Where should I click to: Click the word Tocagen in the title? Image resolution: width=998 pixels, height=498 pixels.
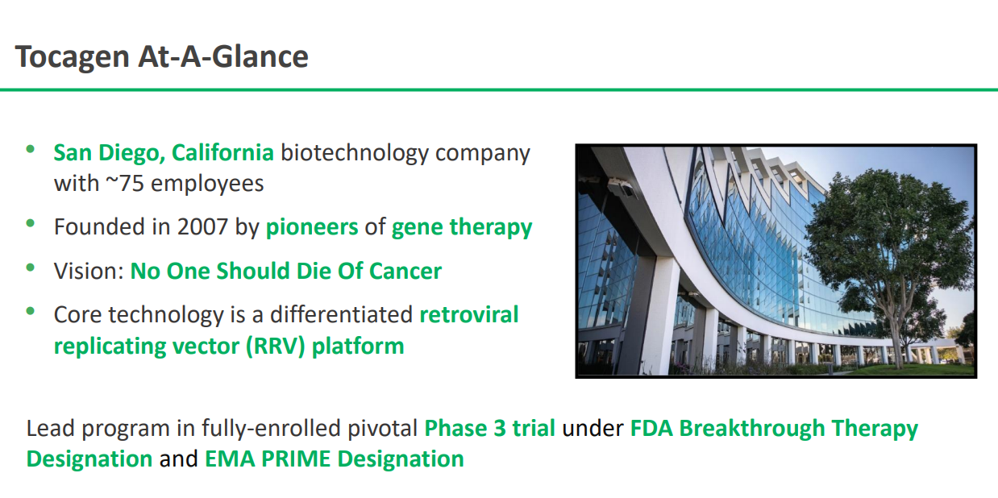(x=73, y=57)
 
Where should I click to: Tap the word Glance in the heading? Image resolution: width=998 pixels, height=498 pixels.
(x=260, y=57)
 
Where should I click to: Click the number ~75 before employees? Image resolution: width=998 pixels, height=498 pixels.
(x=125, y=183)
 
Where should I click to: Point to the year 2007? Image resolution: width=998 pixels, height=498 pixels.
(x=202, y=226)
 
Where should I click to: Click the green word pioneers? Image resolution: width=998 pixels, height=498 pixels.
(x=312, y=228)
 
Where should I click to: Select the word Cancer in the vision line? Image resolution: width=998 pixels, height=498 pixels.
(x=405, y=272)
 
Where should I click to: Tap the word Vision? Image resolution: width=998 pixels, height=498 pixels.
(x=89, y=271)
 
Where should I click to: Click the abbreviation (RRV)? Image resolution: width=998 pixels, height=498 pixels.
(x=276, y=347)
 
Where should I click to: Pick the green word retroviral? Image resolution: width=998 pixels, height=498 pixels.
(x=469, y=314)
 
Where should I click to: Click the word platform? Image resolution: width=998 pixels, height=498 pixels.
(x=358, y=347)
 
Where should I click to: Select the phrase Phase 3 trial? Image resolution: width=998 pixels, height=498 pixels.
(x=489, y=429)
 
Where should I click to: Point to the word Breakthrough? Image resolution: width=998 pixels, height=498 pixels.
(x=752, y=429)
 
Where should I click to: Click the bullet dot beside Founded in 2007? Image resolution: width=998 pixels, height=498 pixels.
(x=31, y=223)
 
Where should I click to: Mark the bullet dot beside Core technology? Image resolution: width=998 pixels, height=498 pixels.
(x=31, y=311)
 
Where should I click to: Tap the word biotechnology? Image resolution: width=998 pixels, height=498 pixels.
(x=354, y=154)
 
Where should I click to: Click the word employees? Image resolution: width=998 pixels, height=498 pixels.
(x=207, y=184)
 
